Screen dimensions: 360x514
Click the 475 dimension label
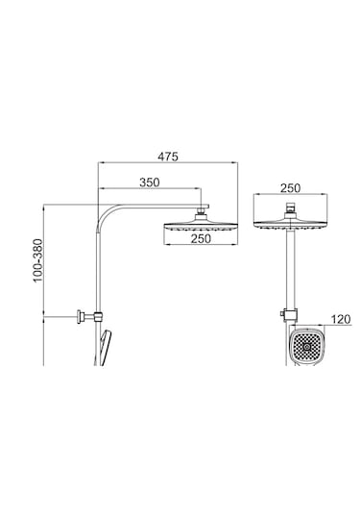click(x=168, y=157)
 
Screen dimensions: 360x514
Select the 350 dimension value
click(x=150, y=183)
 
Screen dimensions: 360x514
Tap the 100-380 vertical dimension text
click(x=38, y=260)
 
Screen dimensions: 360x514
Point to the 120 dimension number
click(x=341, y=319)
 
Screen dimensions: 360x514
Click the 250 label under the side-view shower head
click(x=201, y=238)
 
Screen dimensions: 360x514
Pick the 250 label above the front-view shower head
click(x=290, y=188)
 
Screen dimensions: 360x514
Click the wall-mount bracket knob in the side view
click(x=80, y=317)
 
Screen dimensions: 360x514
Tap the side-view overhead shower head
click(x=201, y=227)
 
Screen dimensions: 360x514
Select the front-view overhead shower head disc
click(x=291, y=225)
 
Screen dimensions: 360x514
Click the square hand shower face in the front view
click(x=307, y=346)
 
